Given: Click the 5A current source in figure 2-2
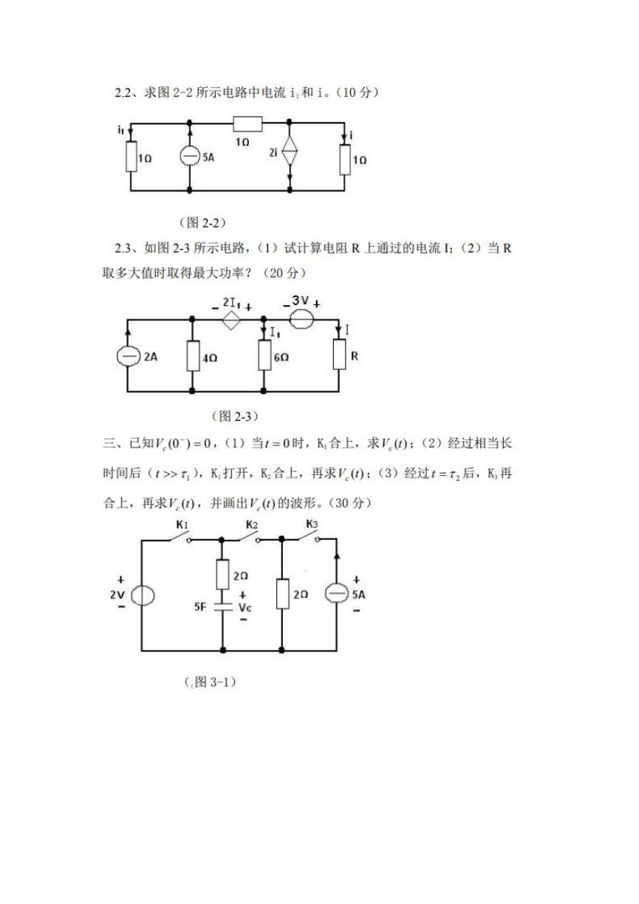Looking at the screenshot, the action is tap(189, 156).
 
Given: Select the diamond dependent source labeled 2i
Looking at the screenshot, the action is tap(290, 151).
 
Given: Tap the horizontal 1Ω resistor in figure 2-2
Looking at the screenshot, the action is tap(247, 124).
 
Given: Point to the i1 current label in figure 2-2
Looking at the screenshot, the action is tap(120, 130).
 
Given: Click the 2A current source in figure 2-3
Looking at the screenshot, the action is tap(127, 356).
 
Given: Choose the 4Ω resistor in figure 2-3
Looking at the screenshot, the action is tap(193, 355).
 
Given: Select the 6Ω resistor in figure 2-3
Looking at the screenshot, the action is tap(264, 355).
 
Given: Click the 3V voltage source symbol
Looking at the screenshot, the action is tap(301, 319).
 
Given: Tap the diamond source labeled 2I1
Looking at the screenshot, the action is tap(231, 321).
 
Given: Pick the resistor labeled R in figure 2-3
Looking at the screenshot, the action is tap(339, 355).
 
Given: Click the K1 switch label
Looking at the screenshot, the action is tap(182, 524).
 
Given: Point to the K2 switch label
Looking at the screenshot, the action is tap(252, 524).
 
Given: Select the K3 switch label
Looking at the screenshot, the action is tap(312, 524).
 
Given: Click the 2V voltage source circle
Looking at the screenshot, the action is tap(143, 595).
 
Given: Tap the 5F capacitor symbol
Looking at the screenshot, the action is tap(223, 606).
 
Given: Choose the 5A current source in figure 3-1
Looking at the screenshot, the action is tap(337, 593).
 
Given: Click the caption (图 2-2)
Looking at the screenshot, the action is tap(202, 222).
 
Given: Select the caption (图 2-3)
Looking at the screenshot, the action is tap(234, 416).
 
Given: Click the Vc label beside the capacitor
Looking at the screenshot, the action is tap(245, 607).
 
